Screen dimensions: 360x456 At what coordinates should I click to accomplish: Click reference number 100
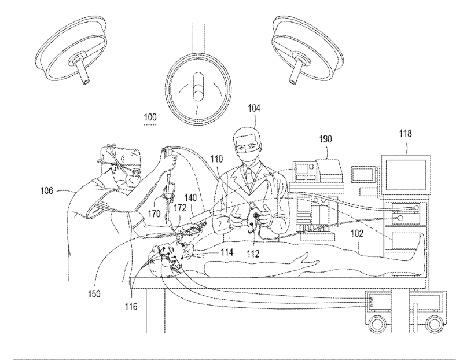pyautogui.click(x=149, y=117)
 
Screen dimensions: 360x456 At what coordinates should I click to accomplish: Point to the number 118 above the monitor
pyautogui.click(x=405, y=134)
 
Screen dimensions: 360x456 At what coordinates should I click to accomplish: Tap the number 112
pyautogui.click(x=252, y=252)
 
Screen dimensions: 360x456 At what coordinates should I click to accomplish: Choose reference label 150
pyautogui.click(x=94, y=293)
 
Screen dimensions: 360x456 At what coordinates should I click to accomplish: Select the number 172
pyautogui.click(x=181, y=207)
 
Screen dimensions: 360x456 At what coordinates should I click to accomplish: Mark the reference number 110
pyautogui.click(x=215, y=157)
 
